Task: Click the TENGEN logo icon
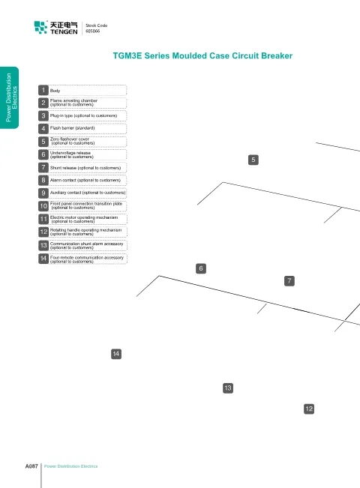tap(40, 28)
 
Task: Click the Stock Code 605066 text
tap(97, 28)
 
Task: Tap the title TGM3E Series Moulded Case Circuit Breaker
tap(202, 55)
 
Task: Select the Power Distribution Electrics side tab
tap(9, 97)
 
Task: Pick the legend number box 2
tap(43, 103)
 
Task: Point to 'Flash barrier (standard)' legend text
tap(72, 128)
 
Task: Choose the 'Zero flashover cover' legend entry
tap(72, 141)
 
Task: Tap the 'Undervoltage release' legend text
tap(72, 154)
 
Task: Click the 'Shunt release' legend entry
tap(85, 168)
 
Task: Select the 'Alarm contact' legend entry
tap(85, 180)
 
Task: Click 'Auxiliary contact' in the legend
tap(88, 193)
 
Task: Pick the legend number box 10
tap(43, 205)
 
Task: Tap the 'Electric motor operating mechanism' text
tap(84, 220)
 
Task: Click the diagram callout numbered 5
tap(253, 160)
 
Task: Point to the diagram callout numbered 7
tap(289, 281)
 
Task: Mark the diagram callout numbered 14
tap(116, 354)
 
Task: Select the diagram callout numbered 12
tap(309, 409)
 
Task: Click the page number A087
tap(31, 466)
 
